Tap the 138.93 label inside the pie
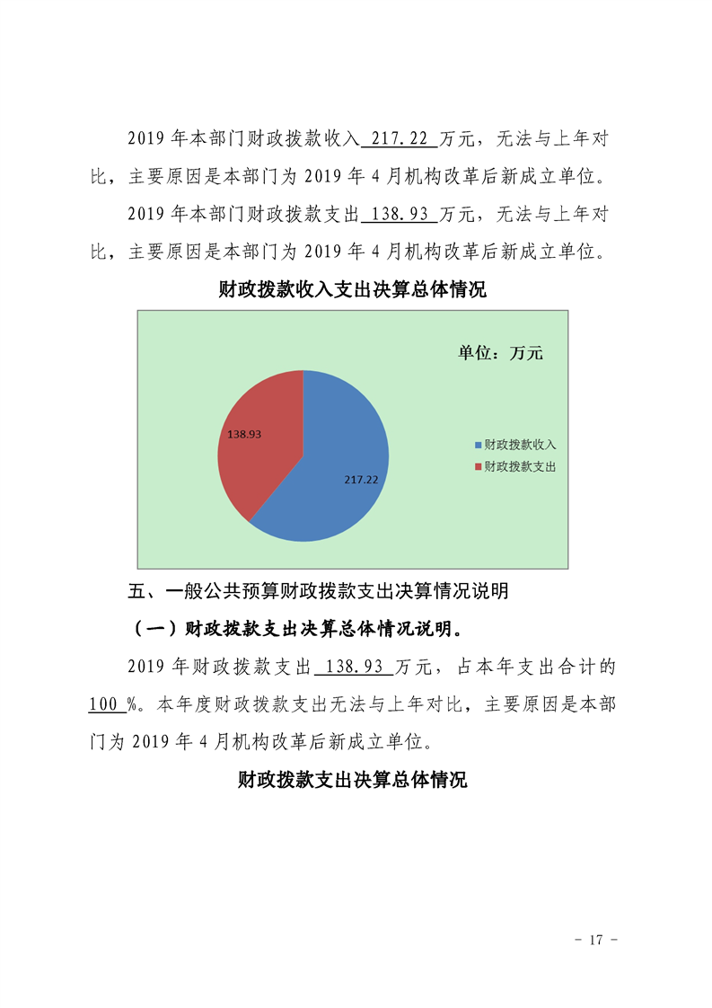click(x=244, y=434)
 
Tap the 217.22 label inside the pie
click(x=361, y=480)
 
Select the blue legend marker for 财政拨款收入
click(x=478, y=445)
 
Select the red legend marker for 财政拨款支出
click(x=478, y=467)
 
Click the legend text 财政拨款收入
click(x=521, y=445)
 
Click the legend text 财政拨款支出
click(x=521, y=467)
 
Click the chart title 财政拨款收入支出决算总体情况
click(x=353, y=291)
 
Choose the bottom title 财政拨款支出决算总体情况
click(x=353, y=780)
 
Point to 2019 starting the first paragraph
click(x=144, y=139)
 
